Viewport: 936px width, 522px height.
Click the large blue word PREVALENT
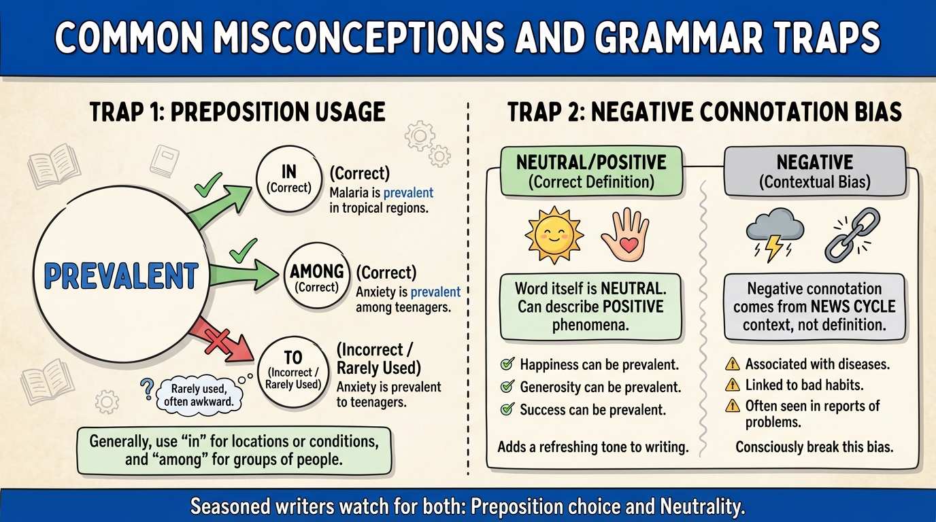tap(121, 276)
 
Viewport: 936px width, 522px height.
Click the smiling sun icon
tap(554, 235)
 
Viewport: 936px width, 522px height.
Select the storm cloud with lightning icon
tap(775, 234)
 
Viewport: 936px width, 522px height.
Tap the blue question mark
tap(147, 389)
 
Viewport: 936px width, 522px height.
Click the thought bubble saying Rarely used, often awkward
tap(199, 395)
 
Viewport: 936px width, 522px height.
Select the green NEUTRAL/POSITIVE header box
tap(591, 172)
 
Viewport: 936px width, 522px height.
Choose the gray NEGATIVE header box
tap(815, 172)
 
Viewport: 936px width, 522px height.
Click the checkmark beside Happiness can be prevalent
tap(507, 364)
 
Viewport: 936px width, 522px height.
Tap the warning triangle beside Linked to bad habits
tap(733, 385)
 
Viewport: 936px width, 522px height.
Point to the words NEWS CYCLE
tap(853, 307)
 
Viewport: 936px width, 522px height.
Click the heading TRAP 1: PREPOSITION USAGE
tap(237, 112)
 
